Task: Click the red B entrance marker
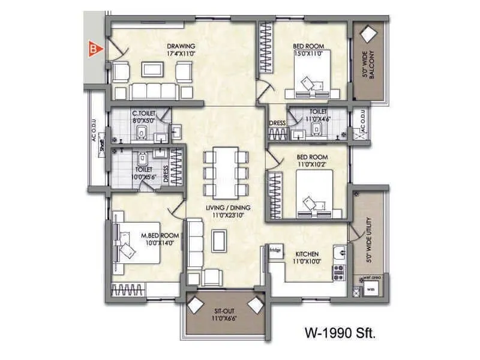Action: [x=92, y=49]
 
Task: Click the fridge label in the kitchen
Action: [x=275, y=250]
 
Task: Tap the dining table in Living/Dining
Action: [x=226, y=174]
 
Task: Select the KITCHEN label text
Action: [x=307, y=254]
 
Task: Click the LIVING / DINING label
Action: [x=229, y=208]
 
